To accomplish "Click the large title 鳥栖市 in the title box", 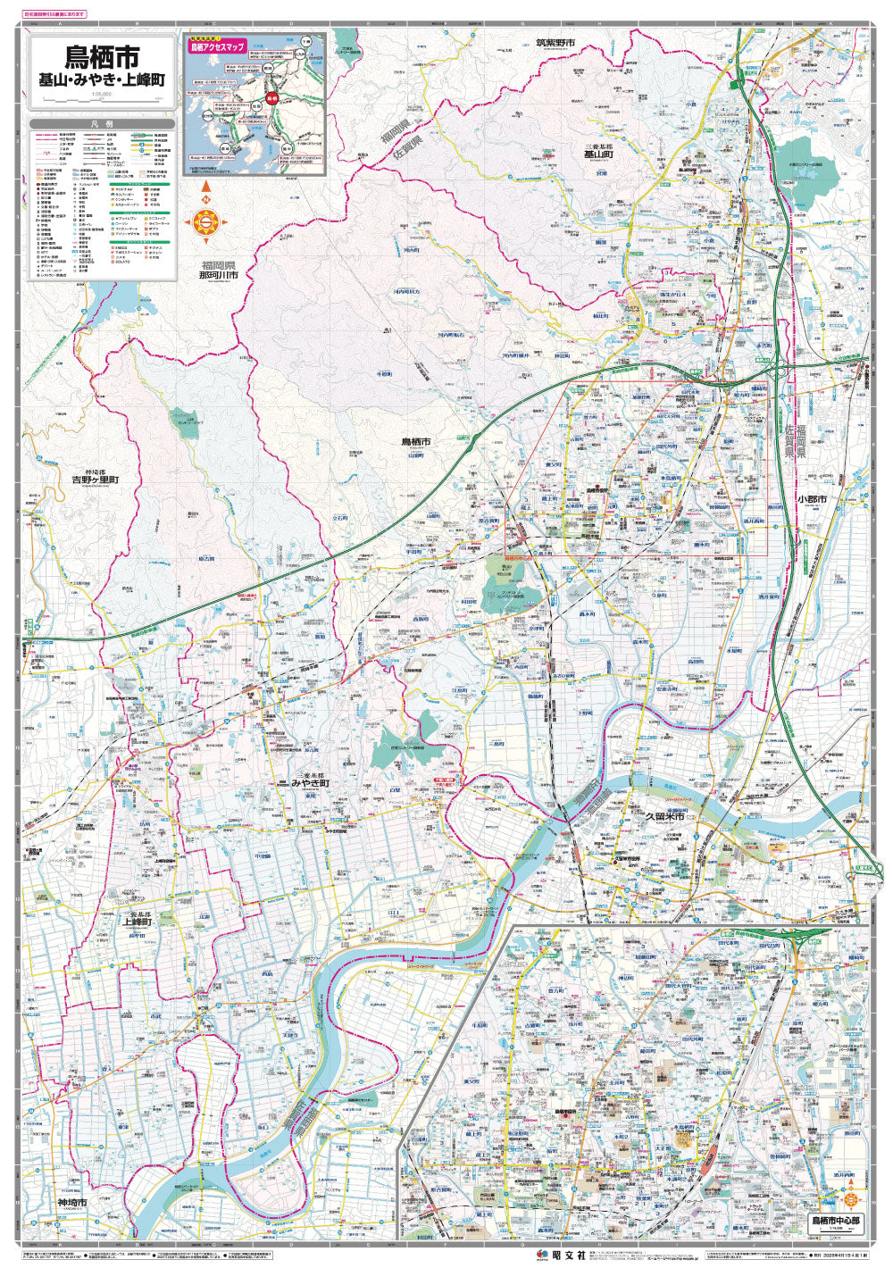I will [101, 58].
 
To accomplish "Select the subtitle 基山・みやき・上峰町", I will [101, 81].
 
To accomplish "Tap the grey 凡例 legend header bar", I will [101, 125].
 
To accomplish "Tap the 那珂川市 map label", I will [219, 275].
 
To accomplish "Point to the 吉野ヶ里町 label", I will [96, 480].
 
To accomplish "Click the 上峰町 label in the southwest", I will [138, 922].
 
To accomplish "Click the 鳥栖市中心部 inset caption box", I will [836, 1221].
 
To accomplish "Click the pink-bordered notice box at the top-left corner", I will [55, 14].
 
